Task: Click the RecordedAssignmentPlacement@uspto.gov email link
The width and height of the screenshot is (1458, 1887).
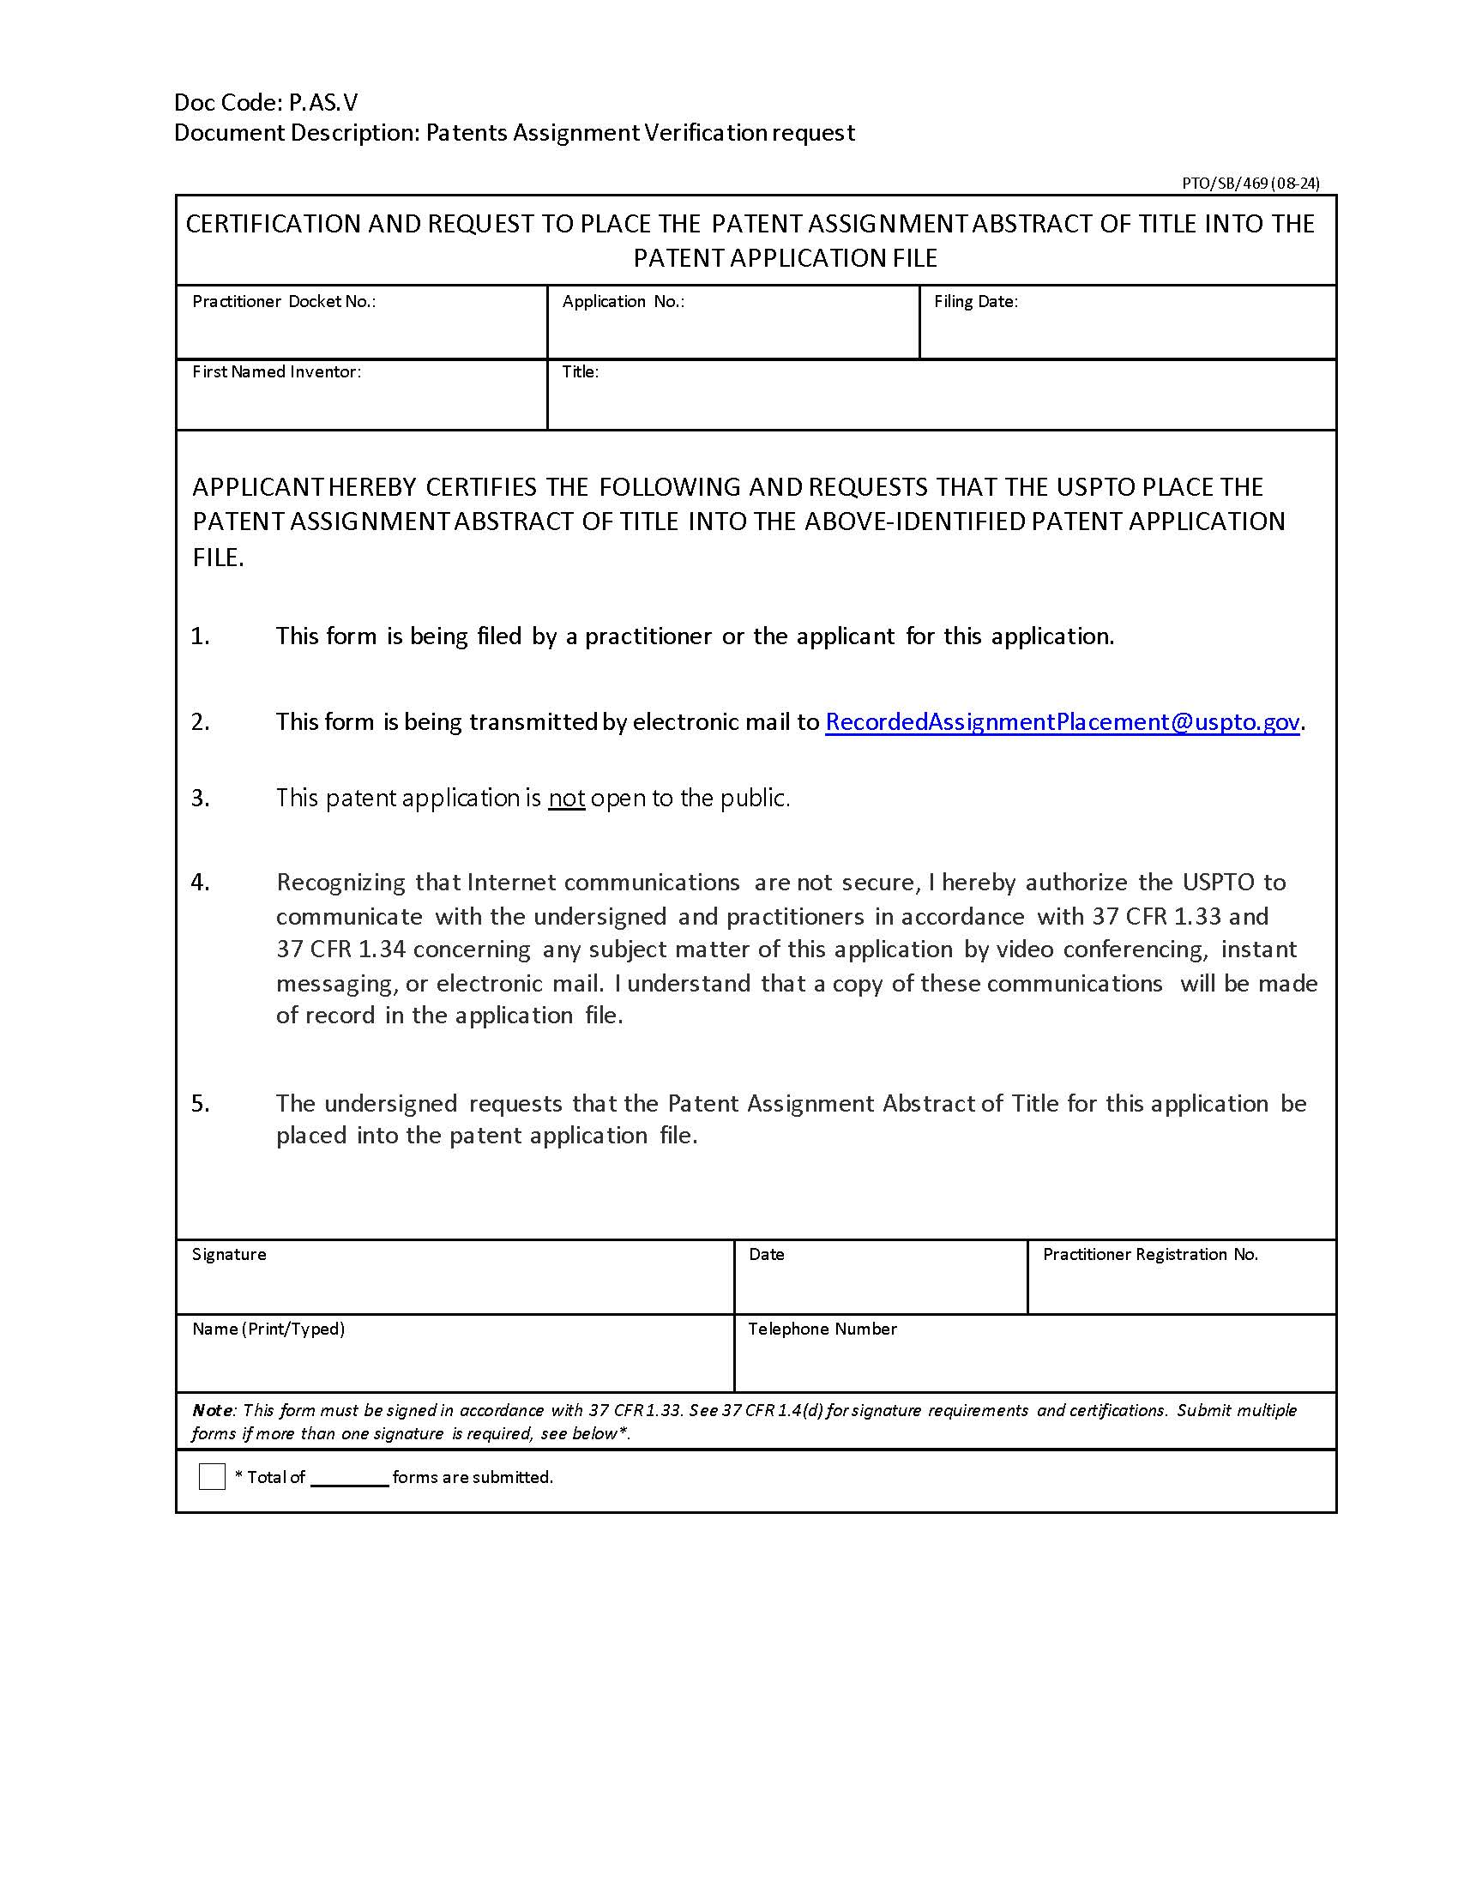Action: coord(1062,721)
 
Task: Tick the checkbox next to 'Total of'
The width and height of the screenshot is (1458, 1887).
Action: coord(212,1477)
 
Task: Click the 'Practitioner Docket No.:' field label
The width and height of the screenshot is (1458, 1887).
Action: coord(283,302)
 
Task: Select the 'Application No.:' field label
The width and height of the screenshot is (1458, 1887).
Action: coord(623,302)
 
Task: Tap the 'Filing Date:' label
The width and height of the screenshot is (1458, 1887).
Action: coord(975,302)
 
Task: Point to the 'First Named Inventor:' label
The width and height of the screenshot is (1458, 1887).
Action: coord(276,371)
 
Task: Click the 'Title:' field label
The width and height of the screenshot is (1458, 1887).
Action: coord(580,371)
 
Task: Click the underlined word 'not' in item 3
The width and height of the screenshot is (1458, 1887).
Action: coord(567,798)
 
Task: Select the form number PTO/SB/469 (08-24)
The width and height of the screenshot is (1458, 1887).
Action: coord(1250,184)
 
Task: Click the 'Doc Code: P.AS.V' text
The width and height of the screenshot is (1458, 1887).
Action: coord(265,103)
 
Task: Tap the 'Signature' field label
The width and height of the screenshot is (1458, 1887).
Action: coord(229,1254)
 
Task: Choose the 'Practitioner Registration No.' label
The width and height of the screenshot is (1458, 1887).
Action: coord(1149,1254)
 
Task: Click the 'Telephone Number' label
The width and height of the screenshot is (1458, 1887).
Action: coord(822,1329)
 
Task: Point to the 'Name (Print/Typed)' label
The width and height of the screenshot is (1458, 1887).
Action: coord(268,1329)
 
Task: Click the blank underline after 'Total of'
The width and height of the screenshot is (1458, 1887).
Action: coord(349,1479)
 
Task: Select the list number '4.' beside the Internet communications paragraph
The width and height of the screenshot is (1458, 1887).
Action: coord(200,882)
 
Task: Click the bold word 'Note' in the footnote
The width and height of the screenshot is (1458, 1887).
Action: coord(212,1410)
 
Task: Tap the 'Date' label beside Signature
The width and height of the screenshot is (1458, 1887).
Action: coord(766,1254)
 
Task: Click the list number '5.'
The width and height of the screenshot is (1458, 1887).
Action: coord(200,1103)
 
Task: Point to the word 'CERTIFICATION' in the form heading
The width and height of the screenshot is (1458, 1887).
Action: coord(272,224)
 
